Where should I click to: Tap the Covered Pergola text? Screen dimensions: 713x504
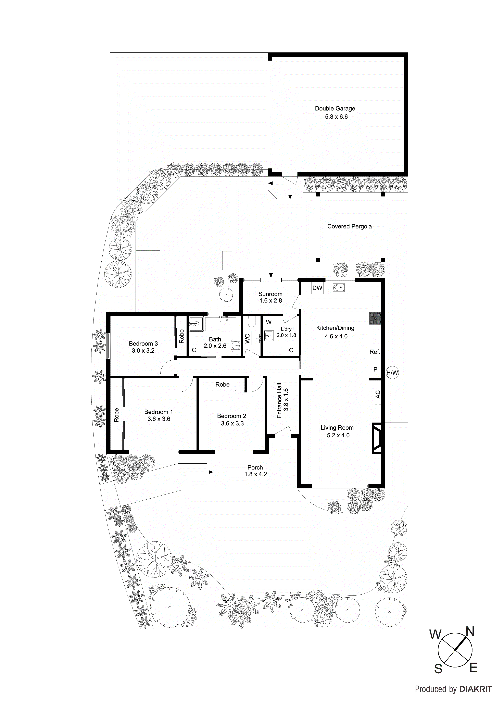[x=349, y=226]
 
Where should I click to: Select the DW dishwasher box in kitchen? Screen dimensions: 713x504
[x=317, y=288]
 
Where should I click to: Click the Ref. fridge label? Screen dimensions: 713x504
[x=375, y=352]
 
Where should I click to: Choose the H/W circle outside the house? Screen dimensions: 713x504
[x=392, y=373]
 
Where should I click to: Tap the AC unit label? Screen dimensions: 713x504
[x=378, y=394]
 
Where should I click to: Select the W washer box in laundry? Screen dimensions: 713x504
[x=269, y=322]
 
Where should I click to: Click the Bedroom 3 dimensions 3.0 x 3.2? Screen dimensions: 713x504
[x=143, y=351]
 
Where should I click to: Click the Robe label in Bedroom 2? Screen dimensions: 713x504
[x=222, y=385]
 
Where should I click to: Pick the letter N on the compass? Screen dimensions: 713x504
[x=470, y=631]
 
